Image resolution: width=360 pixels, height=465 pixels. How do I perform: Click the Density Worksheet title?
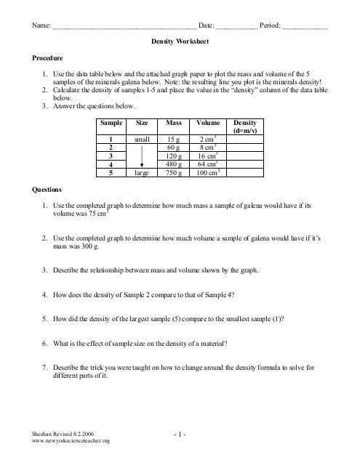point(179,43)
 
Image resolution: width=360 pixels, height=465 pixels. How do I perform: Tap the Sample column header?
point(110,124)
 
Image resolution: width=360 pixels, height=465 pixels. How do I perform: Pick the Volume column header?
point(207,124)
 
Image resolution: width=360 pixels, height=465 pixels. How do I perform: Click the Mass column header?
point(173,124)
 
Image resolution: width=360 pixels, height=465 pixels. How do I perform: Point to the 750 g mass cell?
point(173,174)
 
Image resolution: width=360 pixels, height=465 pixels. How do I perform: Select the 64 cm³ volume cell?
point(207,165)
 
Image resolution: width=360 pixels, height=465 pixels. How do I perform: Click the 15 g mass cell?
point(173,138)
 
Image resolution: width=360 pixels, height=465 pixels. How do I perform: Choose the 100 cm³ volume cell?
point(207,174)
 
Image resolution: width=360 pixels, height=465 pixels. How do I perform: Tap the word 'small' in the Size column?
point(142,138)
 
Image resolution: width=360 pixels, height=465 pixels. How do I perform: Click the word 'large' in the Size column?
point(142,174)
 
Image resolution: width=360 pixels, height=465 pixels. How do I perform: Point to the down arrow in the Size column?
point(142,163)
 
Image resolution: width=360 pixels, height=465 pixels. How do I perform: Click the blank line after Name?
point(124,26)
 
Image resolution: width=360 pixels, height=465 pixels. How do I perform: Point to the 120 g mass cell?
point(173,156)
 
